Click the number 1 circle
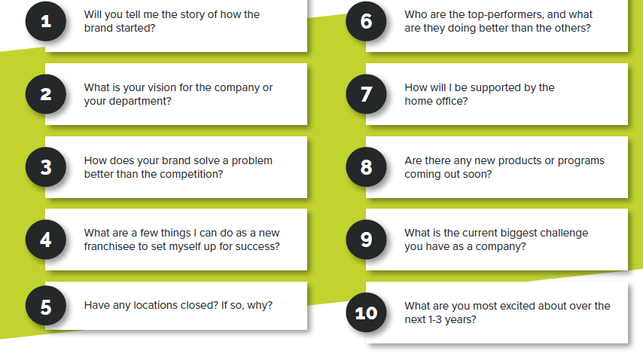tap(46, 21)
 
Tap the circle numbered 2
tap(46, 94)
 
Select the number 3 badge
tap(46, 166)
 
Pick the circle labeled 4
tap(46, 239)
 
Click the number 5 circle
tap(46, 307)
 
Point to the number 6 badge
tap(366, 21)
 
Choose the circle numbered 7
tap(366, 94)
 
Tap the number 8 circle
tap(366, 166)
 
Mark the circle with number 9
tap(366, 239)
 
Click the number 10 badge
tap(366, 313)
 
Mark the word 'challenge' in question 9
tap(564, 233)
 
